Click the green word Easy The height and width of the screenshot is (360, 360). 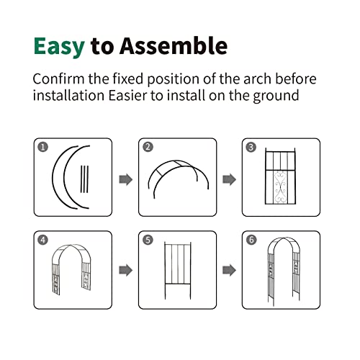pos(59,47)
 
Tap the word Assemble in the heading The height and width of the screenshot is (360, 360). pos(174,45)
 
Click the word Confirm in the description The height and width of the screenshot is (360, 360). pos(58,78)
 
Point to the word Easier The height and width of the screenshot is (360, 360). pos(127,95)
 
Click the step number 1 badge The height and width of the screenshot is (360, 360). pos(43,147)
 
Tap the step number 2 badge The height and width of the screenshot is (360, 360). pos(148,147)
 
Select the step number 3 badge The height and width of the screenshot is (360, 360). pos(251,147)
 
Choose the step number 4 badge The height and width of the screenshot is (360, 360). pos(43,240)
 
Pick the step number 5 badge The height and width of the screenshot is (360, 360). pos(148,240)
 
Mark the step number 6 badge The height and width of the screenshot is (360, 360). pos(251,240)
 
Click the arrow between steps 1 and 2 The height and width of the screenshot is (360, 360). pos(126,179)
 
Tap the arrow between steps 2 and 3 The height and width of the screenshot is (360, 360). pos(230,179)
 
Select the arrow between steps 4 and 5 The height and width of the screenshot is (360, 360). pos(126,270)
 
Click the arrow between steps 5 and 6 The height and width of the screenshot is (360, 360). pos(230,270)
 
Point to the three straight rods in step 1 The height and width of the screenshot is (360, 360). pos(84,179)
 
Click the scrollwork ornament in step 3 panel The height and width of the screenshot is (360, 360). pos(281,187)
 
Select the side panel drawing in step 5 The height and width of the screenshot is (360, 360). pos(178,271)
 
